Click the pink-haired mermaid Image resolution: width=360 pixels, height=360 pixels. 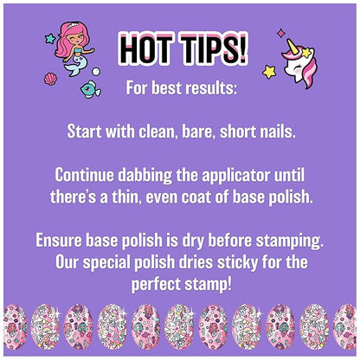click(70, 51)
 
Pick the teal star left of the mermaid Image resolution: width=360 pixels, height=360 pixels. click(50, 39)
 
